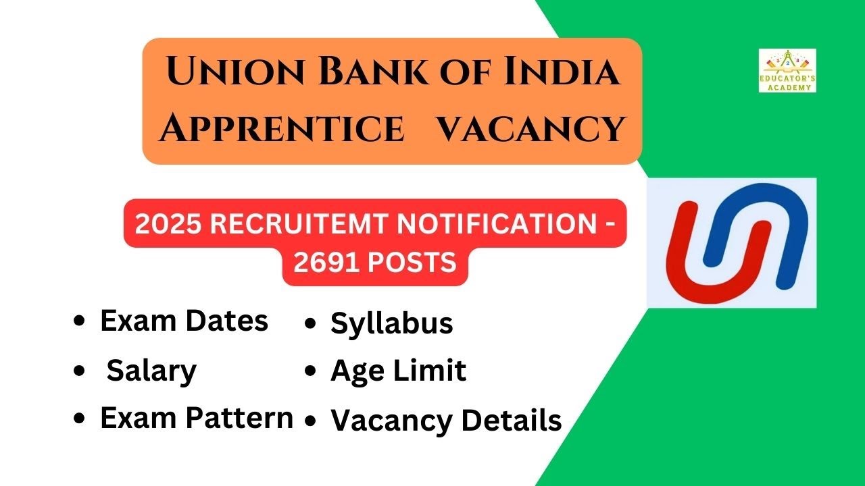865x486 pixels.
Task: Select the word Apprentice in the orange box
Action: pos(281,128)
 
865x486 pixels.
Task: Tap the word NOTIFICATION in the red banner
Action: pos(495,224)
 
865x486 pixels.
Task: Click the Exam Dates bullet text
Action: pos(184,321)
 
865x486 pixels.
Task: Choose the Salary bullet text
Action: pos(151,370)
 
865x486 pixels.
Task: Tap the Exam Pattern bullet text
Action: pos(197,418)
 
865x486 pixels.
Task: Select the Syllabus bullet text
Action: pos(391,323)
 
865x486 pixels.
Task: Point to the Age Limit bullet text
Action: pos(398,371)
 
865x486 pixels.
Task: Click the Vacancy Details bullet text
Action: pos(446,421)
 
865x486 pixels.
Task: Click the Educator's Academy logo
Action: pos(787,70)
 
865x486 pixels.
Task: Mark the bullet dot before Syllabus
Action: pos(310,324)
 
